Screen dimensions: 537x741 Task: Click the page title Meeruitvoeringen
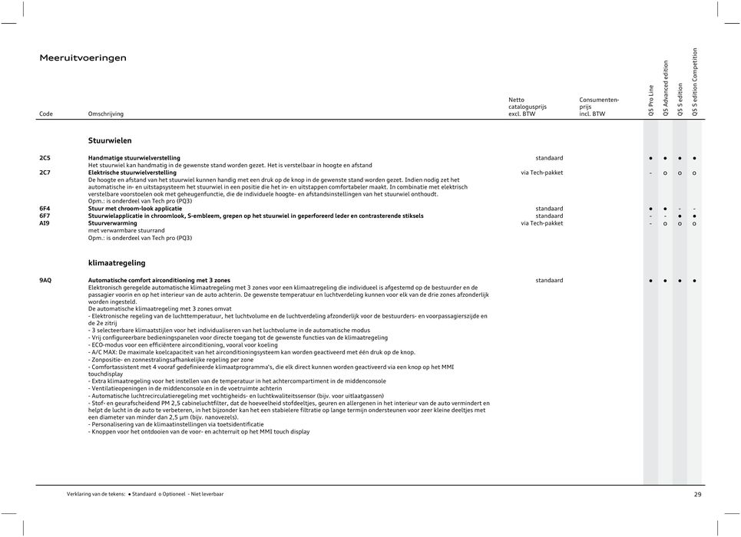(x=83, y=58)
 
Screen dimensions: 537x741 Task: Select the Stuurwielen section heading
(x=110, y=141)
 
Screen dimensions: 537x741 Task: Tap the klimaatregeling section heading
(x=117, y=262)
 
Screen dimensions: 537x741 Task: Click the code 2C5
(x=45, y=157)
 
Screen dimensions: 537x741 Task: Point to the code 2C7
(x=45, y=173)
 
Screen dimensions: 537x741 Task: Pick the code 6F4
(x=45, y=209)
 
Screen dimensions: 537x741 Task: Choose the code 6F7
(x=45, y=216)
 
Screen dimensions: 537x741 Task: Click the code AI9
(x=45, y=223)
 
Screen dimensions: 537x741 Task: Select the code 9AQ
(x=46, y=281)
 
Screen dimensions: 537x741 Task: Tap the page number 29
(x=697, y=495)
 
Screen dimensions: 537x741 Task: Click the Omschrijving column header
(x=106, y=114)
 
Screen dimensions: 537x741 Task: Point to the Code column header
(x=46, y=114)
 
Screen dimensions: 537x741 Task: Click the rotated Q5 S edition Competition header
(x=695, y=82)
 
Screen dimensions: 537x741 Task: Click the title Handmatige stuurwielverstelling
(x=134, y=157)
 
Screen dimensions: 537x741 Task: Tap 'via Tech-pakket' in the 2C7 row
(x=541, y=173)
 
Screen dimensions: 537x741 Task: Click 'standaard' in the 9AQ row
(x=549, y=281)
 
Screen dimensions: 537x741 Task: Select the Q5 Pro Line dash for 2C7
(x=650, y=173)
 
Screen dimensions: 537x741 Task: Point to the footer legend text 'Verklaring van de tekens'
(x=96, y=495)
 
